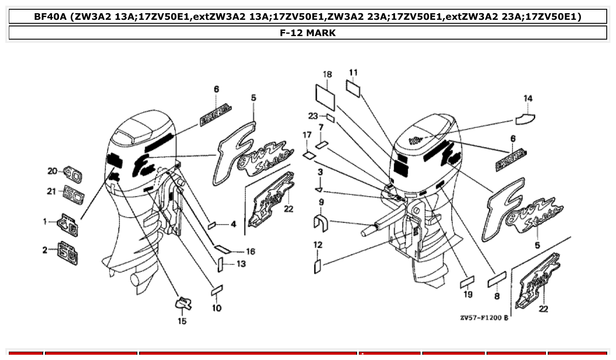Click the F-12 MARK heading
pyautogui.click(x=308, y=33)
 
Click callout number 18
pyautogui.click(x=327, y=74)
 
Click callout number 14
pyautogui.click(x=527, y=99)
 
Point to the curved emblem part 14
pyautogui.click(x=525, y=118)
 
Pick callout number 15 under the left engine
pyautogui.click(x=182, y=321)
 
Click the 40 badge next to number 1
pyautogui.click(x=68, y=225)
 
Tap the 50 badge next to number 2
pyautogui.click(x=69, y=253)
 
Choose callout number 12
pyautogui.click(x=318, y=245)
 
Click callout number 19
pyautogui.click(x=468, y=294)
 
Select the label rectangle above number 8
pyautogui.click(x=497, y=279)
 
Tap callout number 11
pyautogui.click(x=354, y=73)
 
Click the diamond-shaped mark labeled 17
pyautogui.click(x=309, y=154)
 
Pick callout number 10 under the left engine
pyautogui.click(x=217, y=308)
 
